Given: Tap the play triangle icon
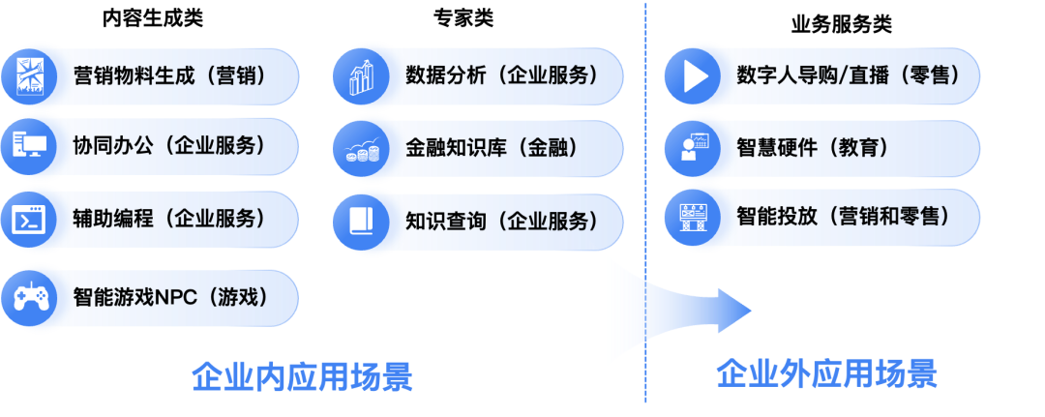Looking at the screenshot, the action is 694,75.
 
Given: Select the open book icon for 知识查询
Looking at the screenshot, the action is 362,222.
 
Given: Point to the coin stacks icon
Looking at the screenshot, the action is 362,149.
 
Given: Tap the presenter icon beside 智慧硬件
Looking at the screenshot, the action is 694,147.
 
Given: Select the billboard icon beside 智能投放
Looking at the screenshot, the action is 694,217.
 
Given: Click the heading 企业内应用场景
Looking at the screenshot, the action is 302,376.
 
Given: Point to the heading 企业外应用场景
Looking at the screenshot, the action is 826,373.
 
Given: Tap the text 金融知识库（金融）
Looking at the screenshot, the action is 493,148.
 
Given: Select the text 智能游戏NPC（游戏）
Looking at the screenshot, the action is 170,297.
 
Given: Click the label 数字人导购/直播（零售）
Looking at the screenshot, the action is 848,75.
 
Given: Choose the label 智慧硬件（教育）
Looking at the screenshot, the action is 813,147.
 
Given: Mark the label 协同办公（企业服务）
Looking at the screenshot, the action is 170,146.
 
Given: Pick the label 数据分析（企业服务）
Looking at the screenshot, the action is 502,75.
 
